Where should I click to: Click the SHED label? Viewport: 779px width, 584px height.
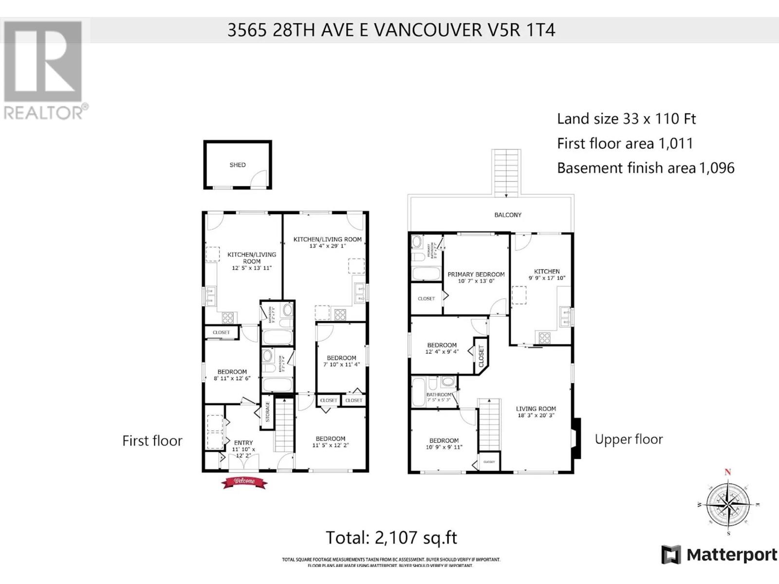pyautogui.click(x=238, y=165)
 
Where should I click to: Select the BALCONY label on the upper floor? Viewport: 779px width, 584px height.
pyautogui.click(x=508, y=215)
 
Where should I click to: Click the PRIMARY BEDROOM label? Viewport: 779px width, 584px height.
pyautogui.click(x=476, y=274)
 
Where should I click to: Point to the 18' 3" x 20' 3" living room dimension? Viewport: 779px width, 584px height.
pyautogui.click(x=536, y=416)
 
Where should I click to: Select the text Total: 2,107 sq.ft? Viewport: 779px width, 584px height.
pyautogui.click(x=391, y=538)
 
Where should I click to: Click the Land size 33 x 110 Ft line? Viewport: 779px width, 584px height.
pyautogui.click(x=626, y=119)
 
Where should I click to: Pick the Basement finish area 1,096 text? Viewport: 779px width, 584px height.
pyautogui.click(x=646, y=168)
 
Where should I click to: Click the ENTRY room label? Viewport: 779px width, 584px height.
pyautogui.click(x=243, y=443)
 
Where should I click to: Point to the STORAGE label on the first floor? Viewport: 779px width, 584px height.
pyautogui.click(x=267, y=412)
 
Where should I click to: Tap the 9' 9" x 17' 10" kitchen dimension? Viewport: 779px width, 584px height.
pyautogui.click(x=547, y=278)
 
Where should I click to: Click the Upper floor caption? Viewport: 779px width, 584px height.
pyautogui.click(x=629, y=439)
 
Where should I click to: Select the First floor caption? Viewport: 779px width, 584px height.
pyautogui.click(x=152, y=440)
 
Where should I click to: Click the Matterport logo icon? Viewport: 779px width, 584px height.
pyautogui.click(x=670, y=555)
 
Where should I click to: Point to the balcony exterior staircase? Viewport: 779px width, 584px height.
pyautogui.click(x=506, y=173)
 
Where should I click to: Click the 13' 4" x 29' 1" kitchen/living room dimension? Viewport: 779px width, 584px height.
pyautogui.click(x=327, y=246)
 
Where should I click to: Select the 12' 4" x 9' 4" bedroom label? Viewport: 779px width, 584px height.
pyautogui.click(x=442, y=352)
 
